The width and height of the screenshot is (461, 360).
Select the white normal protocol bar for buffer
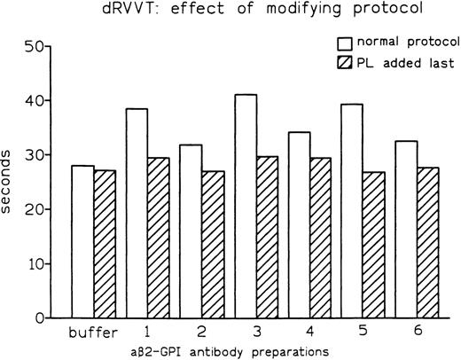pos(83,241)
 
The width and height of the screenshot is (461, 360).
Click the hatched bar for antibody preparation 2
pos(214,244)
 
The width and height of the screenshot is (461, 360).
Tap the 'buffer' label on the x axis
pos(94,334)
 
